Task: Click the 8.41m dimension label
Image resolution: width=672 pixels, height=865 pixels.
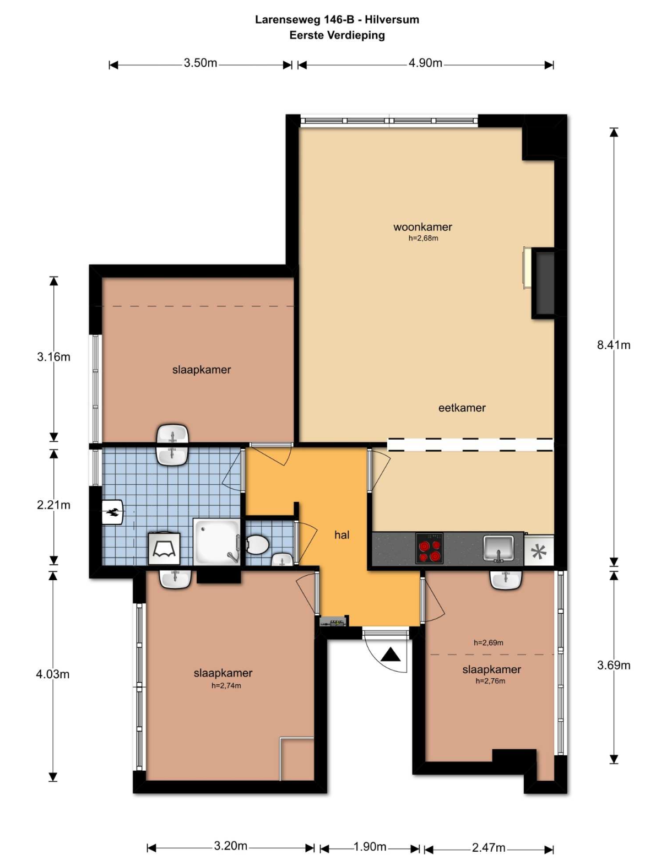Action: tap(614, 345)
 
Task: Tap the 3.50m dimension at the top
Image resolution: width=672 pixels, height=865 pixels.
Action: tap(200, 63)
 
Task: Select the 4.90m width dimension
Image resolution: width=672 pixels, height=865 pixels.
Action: tap(425, 63)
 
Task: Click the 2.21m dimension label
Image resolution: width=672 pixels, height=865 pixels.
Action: tap(53, 505)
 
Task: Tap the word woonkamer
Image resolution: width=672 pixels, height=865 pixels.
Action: tap(422, 228)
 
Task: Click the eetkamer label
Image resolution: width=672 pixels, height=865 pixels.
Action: tap(462, 408)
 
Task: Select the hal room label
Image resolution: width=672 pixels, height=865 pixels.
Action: tap(342, 535)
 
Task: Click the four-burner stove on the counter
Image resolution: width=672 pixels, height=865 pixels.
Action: tap(429, 549)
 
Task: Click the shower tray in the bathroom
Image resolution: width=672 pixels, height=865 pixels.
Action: tap(217, 542)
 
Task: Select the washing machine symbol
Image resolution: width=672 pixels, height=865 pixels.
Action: tap(164, 549)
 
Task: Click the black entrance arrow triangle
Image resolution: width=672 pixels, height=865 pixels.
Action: tap(391, 656)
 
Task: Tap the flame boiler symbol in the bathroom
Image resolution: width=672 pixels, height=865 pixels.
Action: tap(113, 512)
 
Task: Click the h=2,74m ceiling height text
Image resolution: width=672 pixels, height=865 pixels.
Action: tap(226, 686)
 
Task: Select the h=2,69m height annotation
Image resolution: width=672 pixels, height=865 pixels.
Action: tap(488, 642)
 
